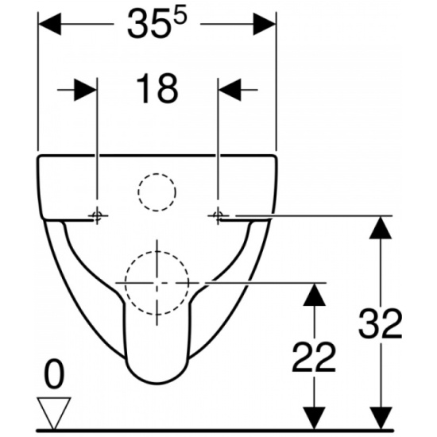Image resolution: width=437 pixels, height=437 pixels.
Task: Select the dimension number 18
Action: pyautogui.click(x=157, y=89)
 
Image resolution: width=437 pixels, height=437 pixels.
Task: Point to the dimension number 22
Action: pyautogui.click(x=313, y=358)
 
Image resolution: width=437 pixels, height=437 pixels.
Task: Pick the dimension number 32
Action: pyautogui.click(x=380, y=323)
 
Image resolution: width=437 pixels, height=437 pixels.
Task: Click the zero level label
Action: pyautogui.click(x=55, y=374)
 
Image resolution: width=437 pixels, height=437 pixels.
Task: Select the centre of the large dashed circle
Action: pyautogui.click(x=157, y=283)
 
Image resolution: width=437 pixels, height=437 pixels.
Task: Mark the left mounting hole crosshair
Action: pyautogui.click(x=97, y=215)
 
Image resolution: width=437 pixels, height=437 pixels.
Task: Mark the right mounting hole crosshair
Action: pyautogui.click(x=218, y=215)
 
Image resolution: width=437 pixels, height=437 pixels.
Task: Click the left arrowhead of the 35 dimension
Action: pyautogui.click(x=49, y=24)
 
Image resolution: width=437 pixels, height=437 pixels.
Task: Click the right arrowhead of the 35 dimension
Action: pyautogui.click(x=265, y=24)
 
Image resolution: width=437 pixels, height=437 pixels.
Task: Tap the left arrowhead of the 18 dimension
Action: pyautogui.click(x=85, y=90)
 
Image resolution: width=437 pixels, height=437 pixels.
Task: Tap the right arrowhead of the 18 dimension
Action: pyautogui.click(x=230, y=90)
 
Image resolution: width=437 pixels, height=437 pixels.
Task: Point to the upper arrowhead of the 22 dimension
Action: pyautogui.click(x=315, y=295)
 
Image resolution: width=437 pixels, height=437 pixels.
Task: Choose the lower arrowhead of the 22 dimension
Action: pyautogui.click(x=315, y=418)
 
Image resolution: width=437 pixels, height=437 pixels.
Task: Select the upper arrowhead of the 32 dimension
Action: pyautogui.click(x=381, y=227)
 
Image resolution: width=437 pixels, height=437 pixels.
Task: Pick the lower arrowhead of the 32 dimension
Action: pyautogui.click(x=381, y=418)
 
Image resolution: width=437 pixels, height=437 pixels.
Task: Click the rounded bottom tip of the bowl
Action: pyautogui.click(x=157, y=384)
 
